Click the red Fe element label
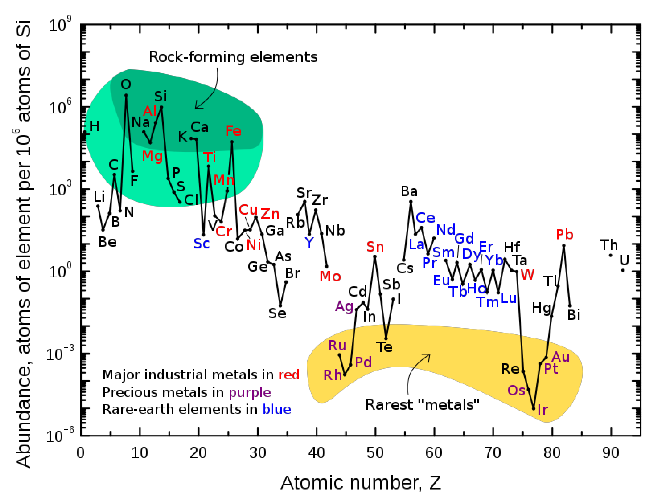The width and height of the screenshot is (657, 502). [233, 131]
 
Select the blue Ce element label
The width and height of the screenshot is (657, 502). [425, 218]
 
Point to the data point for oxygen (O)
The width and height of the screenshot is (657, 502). [126, 96]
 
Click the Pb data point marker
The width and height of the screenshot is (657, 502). [564, 246]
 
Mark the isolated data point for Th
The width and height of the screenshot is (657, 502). [610, 255]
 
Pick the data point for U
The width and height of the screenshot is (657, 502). [623, 270]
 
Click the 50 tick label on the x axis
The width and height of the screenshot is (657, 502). [375, 453]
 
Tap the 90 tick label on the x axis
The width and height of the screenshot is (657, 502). [611, 453]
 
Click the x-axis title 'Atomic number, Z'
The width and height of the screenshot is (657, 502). [360, 483]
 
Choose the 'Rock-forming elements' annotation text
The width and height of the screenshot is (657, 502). [233, 57]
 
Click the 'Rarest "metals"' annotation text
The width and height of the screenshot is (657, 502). [422, 405]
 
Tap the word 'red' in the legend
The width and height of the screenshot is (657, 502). [289, 374]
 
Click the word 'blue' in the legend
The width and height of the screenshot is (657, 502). [277, 409]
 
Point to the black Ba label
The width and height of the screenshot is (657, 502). [409, 191]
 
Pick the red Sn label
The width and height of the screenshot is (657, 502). [375, 247]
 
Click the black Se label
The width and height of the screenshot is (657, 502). [277, 313]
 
